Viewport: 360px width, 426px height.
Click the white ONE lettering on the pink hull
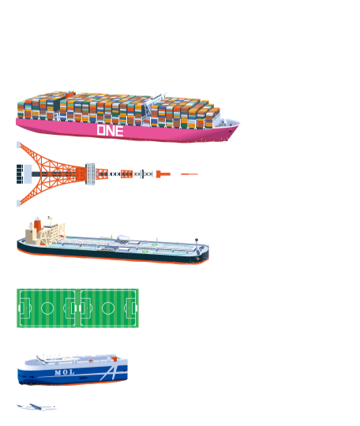pos(110,130)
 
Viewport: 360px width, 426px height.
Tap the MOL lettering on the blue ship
pos(65,372)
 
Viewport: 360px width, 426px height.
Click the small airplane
pos(36,407)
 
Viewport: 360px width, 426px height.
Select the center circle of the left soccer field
pos(47,308)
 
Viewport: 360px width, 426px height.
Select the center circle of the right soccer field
pos(108,308)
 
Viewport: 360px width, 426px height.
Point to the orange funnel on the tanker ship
pos(38,225)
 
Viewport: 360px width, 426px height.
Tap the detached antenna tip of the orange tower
pos(189,174)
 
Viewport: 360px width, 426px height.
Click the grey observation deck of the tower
pos(90,174)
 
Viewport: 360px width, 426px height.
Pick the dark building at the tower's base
pos(20,174)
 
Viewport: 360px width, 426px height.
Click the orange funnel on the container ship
pos(70,95)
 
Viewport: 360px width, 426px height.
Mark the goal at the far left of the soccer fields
pos(19,308)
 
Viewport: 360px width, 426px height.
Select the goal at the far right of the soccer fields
pos(137,308)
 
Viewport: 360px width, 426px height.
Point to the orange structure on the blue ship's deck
pos(114,359)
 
